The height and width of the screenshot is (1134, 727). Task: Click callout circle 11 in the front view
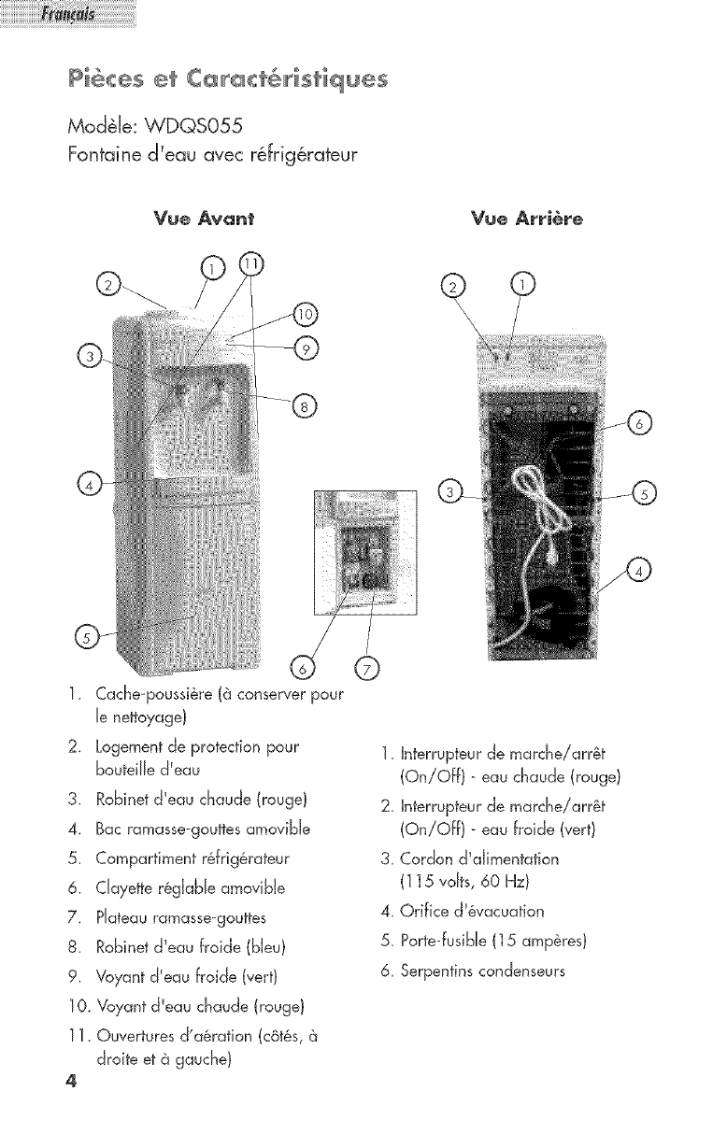tap(251, 264)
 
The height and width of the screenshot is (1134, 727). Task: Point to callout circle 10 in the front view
tap(306, 313)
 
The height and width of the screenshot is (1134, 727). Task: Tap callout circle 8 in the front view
tap(306, 404)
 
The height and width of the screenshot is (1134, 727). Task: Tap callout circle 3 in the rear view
tap(451, 492)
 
